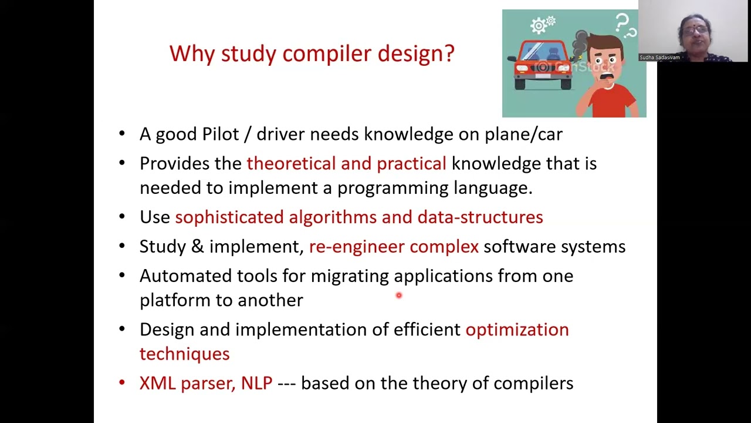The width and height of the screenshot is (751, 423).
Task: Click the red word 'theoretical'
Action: [290, 164]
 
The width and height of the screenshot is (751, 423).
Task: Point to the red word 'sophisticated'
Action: [229, 217]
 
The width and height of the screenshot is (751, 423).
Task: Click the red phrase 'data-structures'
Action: [480, 217]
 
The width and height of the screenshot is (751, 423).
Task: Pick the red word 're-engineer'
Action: [356, 247]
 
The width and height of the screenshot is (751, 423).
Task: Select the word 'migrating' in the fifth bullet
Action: [349, 276]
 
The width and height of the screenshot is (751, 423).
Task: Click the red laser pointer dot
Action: [398, 296]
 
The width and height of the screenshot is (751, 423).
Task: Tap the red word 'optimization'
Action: [516, 330]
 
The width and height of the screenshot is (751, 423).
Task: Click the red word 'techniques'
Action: [184, 354]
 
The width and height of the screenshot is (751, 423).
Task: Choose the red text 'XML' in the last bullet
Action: [157, 383]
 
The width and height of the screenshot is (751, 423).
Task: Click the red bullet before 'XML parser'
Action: [122, 383]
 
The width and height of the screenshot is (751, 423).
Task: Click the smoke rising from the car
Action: [581, 44]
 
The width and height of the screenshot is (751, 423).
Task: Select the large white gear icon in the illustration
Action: [539, 26]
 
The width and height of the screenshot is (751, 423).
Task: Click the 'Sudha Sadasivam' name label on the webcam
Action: [659, 58]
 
